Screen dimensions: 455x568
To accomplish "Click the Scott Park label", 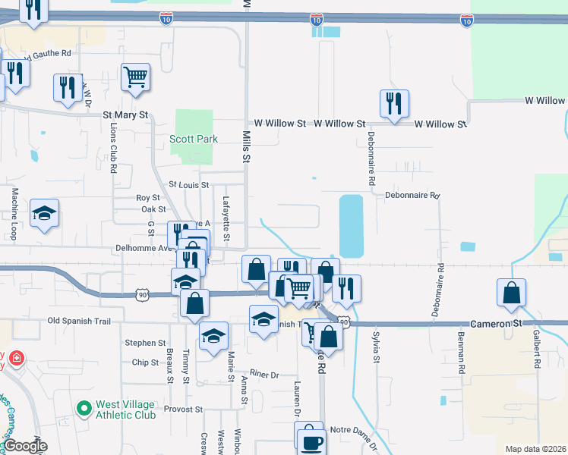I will click(x=193, y=139).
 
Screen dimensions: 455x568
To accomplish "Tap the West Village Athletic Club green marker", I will click(x=84, y=409).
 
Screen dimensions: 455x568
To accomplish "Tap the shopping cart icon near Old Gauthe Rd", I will click(x=135, y=77).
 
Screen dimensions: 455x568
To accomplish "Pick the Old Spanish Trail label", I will click(x=79, y=322).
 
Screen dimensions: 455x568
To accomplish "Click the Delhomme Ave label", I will click(x=144, y=247).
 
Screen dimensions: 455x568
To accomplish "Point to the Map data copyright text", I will click(x=535, y=449).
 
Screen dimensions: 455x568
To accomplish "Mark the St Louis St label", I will click(x=188, y=184).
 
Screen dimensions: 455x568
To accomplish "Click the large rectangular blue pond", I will click(x=350, y=226).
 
